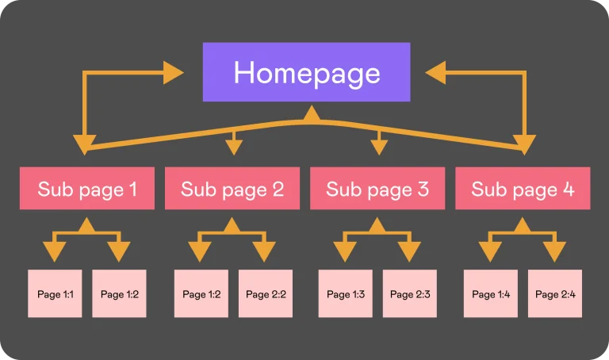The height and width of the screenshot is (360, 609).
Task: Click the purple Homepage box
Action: [x=306, y=72]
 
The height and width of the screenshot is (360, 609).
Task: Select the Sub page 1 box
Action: [x=87, y=189]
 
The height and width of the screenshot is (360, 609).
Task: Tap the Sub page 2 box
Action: [x=232, y=189]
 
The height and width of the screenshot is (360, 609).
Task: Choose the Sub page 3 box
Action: [x=377, y=189]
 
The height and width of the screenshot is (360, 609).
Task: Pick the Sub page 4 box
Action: [x=523, y=189]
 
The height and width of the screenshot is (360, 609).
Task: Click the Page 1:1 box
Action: [x=55, y=293]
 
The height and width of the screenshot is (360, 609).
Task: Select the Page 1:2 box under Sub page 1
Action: [x=119, y=293]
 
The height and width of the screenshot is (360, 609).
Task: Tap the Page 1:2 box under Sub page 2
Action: [x=201, y=293]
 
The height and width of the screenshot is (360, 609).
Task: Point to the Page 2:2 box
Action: [x=266, y=293]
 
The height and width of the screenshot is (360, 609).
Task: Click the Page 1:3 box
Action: [x=346, y=293]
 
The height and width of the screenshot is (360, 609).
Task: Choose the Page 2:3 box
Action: [x=410, y=293]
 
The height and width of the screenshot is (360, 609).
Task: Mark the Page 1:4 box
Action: [x=491, y=293]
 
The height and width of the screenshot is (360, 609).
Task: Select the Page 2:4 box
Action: [x=555, y=293]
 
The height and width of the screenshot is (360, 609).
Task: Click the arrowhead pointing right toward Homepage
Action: [x=173, y=73]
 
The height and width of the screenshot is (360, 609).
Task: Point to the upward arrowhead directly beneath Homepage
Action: [x=312, y=113]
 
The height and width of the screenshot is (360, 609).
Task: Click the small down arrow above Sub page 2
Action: [x=234, y=146]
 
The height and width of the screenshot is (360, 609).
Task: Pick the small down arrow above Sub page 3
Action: [x=379, y=146]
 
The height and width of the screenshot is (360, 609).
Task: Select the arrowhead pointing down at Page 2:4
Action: [x=554, y=251]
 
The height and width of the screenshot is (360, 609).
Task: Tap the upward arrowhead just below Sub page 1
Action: [x=87, y=226]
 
